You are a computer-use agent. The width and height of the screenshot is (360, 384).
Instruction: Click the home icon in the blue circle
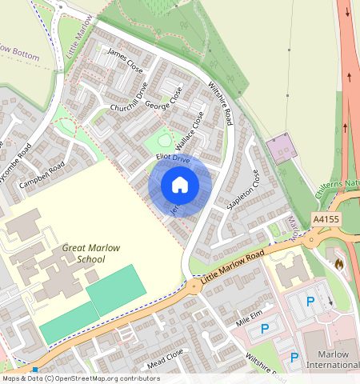(x=180, y=186)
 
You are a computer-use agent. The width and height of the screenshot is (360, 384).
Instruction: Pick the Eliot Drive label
(x=172, y=160)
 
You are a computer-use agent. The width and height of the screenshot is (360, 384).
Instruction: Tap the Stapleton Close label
(x=245, y=190)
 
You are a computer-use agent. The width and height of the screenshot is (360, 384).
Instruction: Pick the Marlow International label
(x=333, y=359)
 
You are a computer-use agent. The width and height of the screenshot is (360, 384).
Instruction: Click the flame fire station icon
(x=339, y=262)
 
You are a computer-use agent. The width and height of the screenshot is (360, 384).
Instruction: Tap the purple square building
(x=281, y=149)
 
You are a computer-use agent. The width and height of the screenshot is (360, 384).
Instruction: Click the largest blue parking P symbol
(x=310, y=302)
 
